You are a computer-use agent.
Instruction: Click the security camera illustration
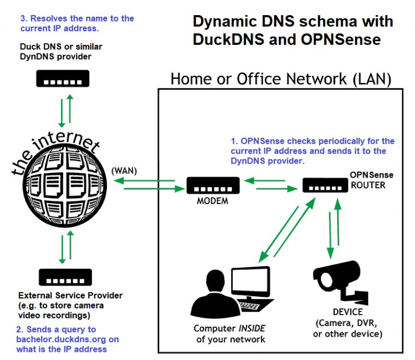340,281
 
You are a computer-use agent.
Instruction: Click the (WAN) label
125,170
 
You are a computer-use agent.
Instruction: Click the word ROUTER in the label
369,185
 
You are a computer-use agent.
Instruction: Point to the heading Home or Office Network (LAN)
280,79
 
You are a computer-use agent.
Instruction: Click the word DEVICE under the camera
347,313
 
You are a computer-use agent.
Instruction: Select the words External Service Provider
70,296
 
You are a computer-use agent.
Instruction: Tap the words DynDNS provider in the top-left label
56,56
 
